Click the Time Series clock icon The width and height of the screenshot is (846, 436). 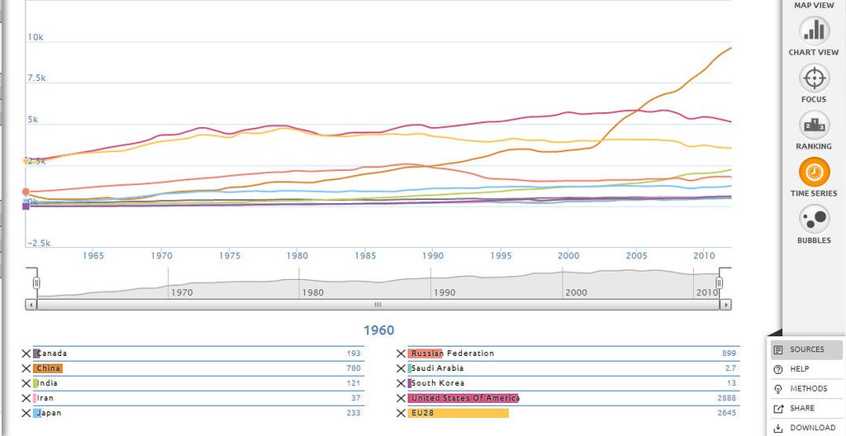[x=814, y=173]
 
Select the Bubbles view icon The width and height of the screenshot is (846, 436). [x=814, y=220]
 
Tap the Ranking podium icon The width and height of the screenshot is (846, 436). [x=814, y=126]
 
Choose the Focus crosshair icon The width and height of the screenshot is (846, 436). [x=814, y=78]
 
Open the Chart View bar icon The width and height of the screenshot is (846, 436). [x=814, y=31]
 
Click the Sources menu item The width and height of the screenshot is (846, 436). [x=806, y=349]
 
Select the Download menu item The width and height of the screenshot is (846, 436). [x=806, y=428]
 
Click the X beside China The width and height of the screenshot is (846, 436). [x=26, y=368]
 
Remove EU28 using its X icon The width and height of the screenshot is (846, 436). [x=401, y=414]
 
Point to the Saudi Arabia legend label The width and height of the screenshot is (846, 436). [x=437, y=368]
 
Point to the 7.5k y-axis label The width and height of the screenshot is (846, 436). [x=36, y=78]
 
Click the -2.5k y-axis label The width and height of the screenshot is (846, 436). [x=38, y=244]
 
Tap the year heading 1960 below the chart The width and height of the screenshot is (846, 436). [x=378, y=330]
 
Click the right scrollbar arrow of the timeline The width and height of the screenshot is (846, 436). [x=725, y=305]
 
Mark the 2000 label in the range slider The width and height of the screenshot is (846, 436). [x=576, y=292]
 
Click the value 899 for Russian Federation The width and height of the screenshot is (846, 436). [x=729, y=353]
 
